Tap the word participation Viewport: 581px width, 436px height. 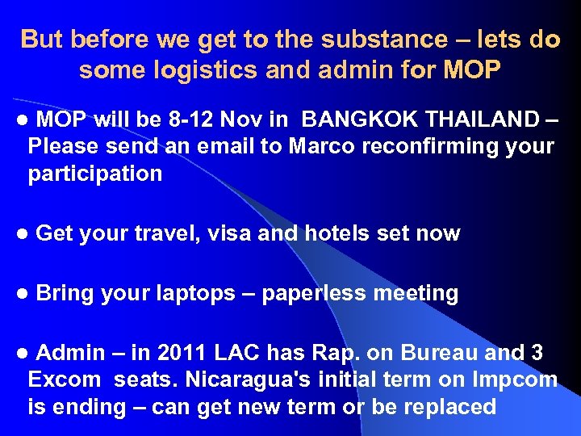pyautogui.click(x=95, y=174)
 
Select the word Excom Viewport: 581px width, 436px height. pyautogui.click(x=65, y=379)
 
